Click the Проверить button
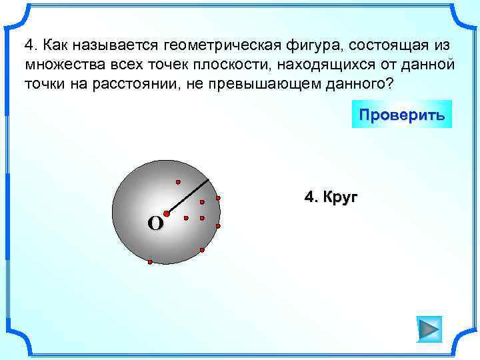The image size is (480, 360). (401, 114)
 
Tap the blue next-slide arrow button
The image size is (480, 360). (429, 329)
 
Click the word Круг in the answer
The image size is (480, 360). (341, 197)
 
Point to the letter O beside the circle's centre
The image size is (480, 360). (155, 224)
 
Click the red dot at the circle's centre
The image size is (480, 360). (167, 214)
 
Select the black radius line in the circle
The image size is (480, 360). (189, 197)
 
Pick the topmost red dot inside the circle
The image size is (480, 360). (178, 181)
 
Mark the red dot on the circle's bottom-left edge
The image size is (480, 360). (150, 262)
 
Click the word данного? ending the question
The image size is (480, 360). (359, 85)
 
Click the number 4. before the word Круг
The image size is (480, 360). (311, 197)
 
